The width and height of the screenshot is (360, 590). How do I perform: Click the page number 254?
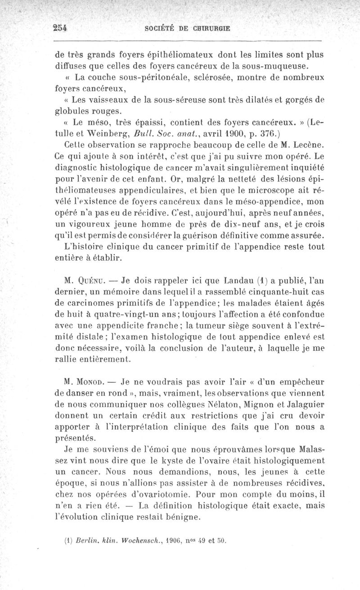[x=59, y=27]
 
